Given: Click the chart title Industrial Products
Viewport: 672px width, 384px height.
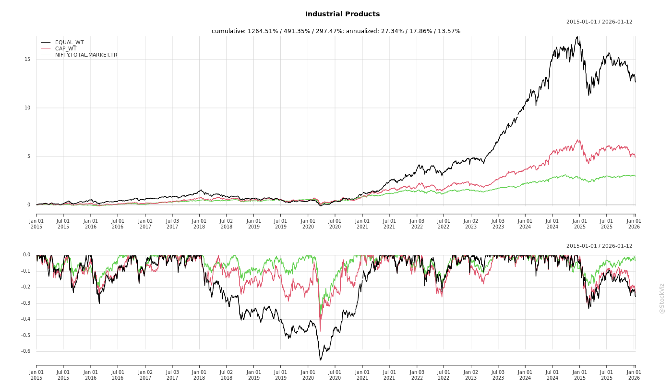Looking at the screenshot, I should click(342, 14).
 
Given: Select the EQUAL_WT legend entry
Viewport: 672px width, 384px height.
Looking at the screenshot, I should click(69, 42).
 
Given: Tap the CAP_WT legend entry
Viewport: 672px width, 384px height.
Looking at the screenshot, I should click(66, 48).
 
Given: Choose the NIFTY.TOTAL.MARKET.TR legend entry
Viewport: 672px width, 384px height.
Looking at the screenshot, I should click(86, 55).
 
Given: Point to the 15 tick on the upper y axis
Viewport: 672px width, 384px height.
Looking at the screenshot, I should click(27, 60).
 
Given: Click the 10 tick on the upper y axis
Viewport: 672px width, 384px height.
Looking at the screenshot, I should click(27, 108).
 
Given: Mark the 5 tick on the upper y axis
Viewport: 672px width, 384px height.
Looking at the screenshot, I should click(28, 156).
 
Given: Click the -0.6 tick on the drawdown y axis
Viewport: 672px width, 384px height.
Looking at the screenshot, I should click(26, 351).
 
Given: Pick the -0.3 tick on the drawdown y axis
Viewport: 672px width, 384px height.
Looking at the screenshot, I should click(26, 303).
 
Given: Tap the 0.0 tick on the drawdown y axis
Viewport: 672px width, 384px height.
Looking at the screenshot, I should click(26, 255).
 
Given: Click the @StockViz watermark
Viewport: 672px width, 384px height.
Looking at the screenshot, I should click(662, 298).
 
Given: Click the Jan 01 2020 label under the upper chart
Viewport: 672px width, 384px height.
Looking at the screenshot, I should click(308, 224).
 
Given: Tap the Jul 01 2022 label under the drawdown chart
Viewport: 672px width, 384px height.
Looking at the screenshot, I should click(444, 375).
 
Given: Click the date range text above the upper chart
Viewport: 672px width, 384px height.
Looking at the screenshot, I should click(599, 22).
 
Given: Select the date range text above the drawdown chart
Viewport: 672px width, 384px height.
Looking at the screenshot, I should click(599, 246).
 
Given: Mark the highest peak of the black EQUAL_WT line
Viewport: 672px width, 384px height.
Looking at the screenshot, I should click(577, 36).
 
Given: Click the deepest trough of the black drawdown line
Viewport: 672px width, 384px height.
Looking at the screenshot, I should click(320, 360).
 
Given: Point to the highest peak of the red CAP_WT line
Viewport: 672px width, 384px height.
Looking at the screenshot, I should click(579, 140).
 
